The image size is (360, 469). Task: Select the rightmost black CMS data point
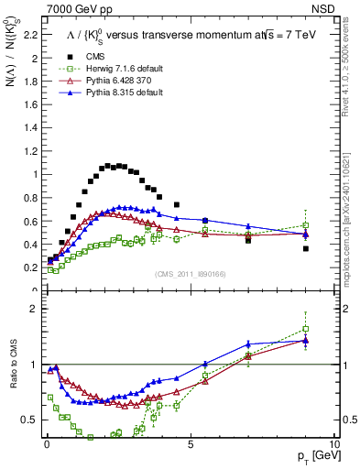click(x=306, y=248)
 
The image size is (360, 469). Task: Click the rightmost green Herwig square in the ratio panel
click(x=306, y=329)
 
